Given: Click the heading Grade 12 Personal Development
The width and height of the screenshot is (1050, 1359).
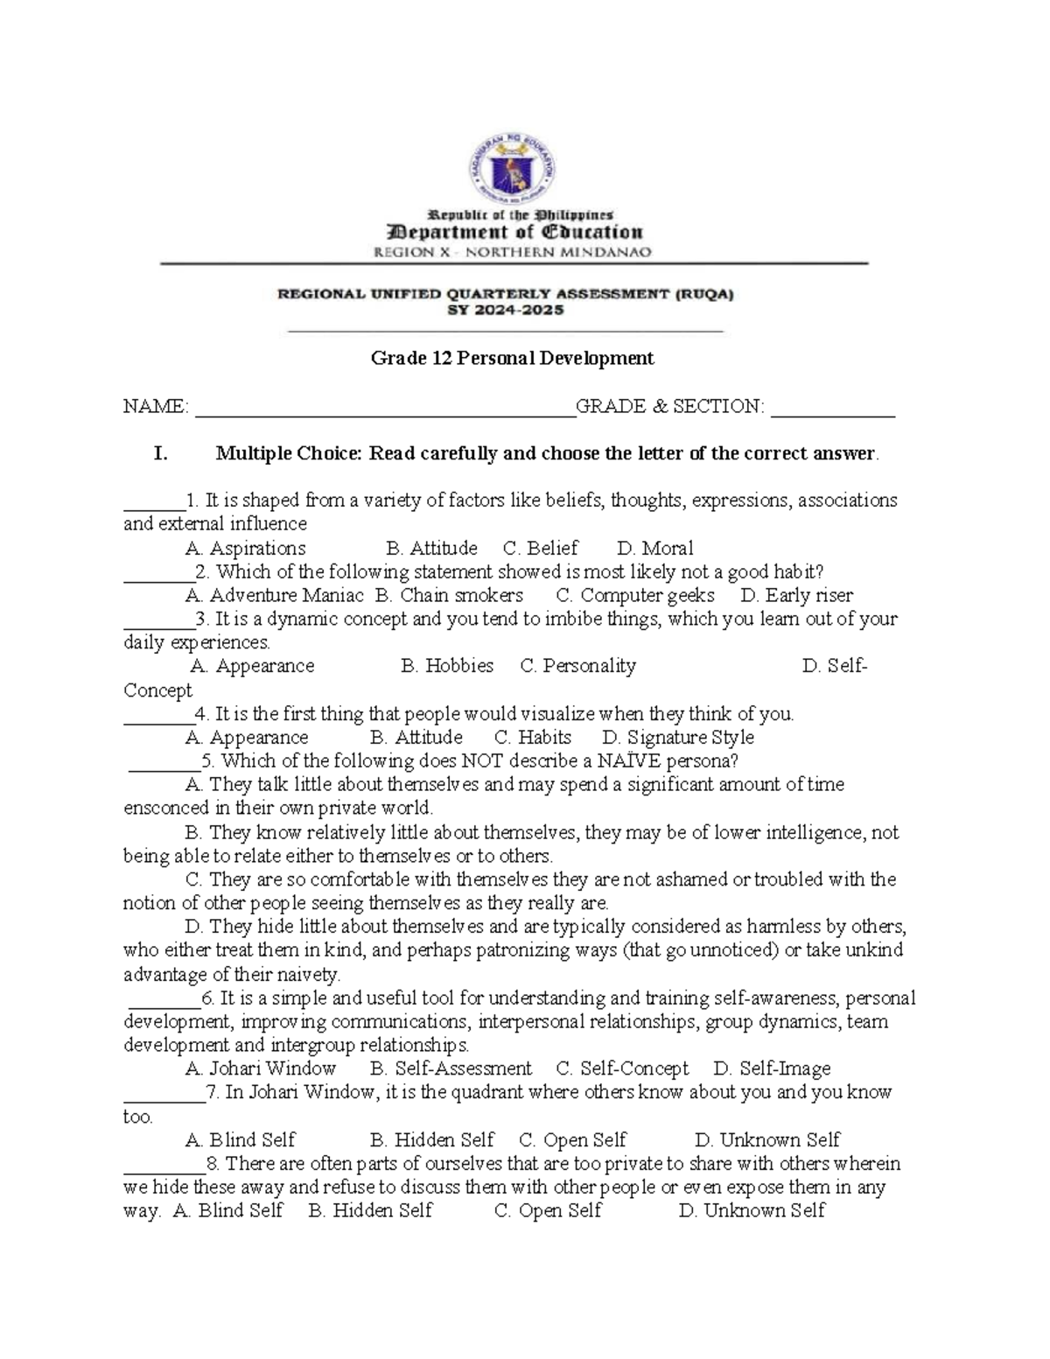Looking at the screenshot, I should (512, 358).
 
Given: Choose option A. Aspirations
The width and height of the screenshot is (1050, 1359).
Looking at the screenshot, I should (246, 549).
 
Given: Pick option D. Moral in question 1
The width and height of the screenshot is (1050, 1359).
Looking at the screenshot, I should (654, 549).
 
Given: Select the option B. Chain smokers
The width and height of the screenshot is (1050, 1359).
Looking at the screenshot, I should (449, 596).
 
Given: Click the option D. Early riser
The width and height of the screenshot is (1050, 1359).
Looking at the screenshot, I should (796, 596).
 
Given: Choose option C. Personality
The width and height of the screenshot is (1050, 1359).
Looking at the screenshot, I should (577, 667).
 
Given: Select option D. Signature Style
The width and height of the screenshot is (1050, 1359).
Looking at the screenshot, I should (678, 738).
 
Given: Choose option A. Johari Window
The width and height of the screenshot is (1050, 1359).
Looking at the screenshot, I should (261, 1068).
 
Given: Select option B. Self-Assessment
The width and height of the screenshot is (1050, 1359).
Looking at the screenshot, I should (451, 1068).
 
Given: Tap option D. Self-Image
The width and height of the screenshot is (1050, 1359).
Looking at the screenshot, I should (772, 1068).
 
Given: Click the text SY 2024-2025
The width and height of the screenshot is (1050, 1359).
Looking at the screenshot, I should (506, 310).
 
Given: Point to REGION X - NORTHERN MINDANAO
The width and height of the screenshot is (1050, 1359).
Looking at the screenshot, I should (513, 252).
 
